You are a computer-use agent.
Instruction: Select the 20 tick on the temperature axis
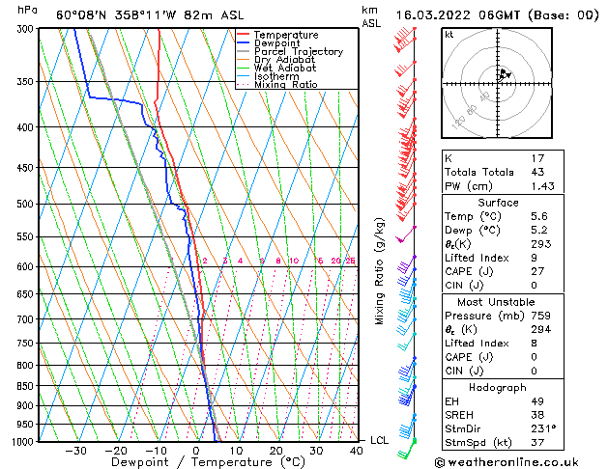click(x=276, y=451)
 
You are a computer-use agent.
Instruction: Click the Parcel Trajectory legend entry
click(x=298, y=51)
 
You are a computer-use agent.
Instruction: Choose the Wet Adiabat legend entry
click(x=287, y=69)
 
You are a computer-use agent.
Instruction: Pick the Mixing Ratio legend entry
click(x=286, y=85)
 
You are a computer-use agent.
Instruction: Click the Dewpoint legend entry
click(x=276, y=43)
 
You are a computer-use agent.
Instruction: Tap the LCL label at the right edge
click(x=381, y=440)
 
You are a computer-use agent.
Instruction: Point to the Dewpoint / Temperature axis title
click(x=195, y=462)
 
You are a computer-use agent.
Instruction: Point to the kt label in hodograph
click(x=449, y=35)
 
